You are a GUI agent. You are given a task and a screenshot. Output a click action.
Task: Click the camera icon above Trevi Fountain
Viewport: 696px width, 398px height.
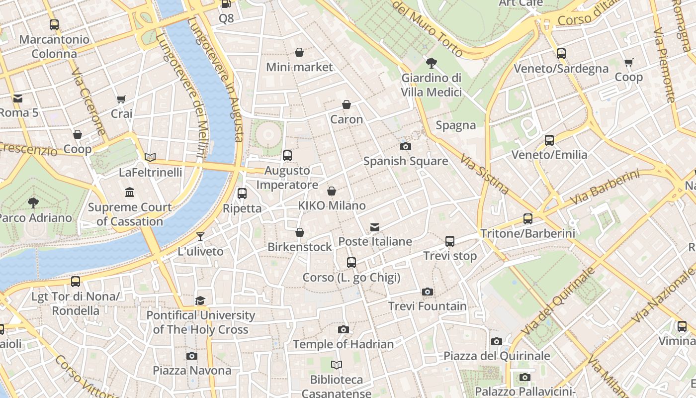click(427, 292)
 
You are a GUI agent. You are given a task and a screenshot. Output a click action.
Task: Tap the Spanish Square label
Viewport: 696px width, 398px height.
click(406, 161)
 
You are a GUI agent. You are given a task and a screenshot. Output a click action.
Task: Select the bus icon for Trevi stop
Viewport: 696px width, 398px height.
click(450, 241)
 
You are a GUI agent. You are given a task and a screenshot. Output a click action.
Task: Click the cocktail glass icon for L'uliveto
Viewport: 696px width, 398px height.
click(200, 237)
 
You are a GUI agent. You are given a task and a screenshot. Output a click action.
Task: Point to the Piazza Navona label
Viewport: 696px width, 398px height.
click(192, 371)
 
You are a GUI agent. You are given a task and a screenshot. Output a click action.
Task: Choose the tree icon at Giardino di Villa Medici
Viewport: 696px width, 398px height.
click(432, 63)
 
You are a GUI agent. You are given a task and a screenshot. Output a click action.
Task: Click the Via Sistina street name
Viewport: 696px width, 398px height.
click(484, 174)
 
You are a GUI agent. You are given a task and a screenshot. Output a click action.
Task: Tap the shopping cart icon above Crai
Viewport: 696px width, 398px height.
click(121, 99)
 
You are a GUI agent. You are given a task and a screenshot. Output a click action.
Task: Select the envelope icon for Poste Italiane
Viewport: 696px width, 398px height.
click(375, 227)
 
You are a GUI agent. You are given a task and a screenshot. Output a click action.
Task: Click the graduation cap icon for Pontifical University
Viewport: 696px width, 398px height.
click(200, 300)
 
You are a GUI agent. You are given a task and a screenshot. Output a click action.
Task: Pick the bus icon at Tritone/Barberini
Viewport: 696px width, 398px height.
click(528, 219)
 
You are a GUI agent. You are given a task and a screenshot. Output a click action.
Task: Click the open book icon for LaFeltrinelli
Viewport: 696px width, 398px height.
click(150, 158)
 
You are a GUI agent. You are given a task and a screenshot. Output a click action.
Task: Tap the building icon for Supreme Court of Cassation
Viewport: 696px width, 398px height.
click(130, 193)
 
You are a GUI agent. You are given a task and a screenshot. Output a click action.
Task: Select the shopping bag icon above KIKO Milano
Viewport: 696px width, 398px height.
click(332, 191)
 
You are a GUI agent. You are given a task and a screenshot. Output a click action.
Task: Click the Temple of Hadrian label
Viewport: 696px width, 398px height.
click(343, 344)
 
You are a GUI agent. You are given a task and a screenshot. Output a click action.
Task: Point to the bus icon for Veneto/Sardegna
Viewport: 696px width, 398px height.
click(561, 54)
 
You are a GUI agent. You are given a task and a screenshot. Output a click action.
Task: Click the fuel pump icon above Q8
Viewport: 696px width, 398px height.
click(226, 4)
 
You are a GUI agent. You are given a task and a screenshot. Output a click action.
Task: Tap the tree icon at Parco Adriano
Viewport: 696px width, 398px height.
click(33, 203)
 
